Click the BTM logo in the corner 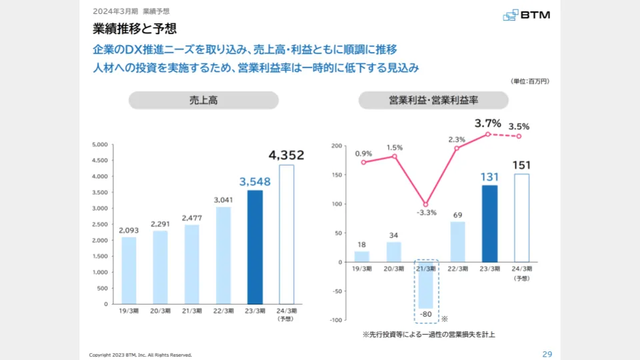coord(527,15)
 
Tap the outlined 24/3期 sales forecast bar coord(286,234)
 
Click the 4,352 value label coord(286,155)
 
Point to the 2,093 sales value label coord(129,231)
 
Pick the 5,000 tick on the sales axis coord(100,145)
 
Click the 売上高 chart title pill coord(203,100)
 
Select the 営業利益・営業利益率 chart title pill coord(433,100)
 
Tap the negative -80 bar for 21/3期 coord(426,285)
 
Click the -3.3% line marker coord(426,205)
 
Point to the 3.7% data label coord(487,123)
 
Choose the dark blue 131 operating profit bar coord(489,223)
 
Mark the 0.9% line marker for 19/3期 coord(363,162)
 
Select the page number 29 coord(547,354)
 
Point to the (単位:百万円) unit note coord(530,81)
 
